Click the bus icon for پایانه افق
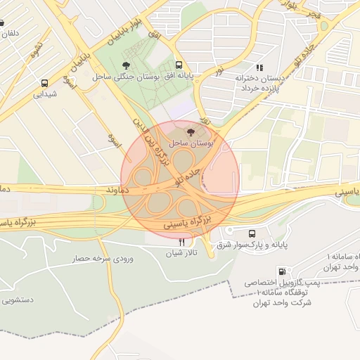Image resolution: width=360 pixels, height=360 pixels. click(x=179, y=64)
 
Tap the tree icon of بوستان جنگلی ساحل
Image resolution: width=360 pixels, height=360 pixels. click(x=126, y=65)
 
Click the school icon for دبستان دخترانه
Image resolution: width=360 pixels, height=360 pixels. click(x=259, y=67)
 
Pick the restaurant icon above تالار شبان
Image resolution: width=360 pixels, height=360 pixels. click(x=183, y=242)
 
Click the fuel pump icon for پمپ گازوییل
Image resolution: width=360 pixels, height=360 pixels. click(x=282, y=271)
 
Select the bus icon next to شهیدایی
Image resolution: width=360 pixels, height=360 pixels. click(x=45, y=82)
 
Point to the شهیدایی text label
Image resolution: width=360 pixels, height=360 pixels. click(x=45, y=93)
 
